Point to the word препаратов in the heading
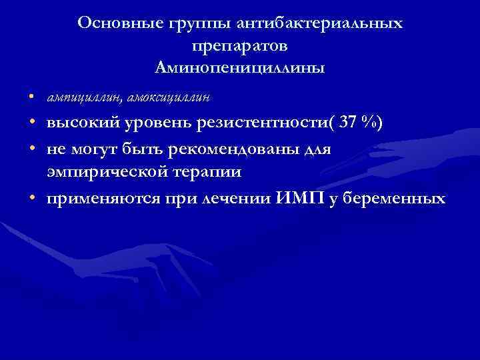point(239,46)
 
